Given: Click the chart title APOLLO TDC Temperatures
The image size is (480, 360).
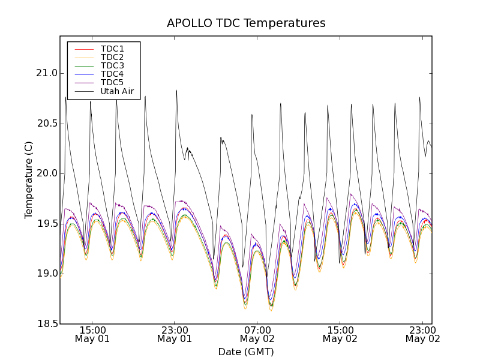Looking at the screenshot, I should click(246, 23).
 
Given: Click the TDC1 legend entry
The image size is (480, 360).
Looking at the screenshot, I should click(112, 49).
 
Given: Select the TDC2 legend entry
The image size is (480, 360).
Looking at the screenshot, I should click(112, 57).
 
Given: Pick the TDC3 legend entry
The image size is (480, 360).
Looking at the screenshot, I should click(112, 65).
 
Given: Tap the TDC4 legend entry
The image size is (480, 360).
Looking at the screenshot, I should click(112, 74).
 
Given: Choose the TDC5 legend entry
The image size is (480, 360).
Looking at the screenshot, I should click(112, 83).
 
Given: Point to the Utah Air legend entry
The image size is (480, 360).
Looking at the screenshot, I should click(117, 92).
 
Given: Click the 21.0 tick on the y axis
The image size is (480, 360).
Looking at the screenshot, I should click(47, 73).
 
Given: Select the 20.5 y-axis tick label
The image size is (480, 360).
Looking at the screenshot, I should click(47, 124).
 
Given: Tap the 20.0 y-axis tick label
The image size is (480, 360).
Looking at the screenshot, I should click(47, 173).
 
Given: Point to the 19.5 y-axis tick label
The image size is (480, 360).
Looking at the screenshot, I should click(47, 224).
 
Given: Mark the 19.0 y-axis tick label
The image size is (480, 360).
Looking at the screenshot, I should click(47, 274).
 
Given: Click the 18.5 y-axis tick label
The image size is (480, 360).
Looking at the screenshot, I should click(47, 324).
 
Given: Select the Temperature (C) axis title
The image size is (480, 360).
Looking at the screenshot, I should click(29, 180).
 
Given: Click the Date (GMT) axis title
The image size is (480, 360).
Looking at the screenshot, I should click(246, 352).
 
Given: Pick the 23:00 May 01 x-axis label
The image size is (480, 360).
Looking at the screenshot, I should click(175, 334).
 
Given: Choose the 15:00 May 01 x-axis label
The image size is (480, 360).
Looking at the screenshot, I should click(92, 334).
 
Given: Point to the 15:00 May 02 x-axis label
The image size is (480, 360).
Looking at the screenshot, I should click(340, 334).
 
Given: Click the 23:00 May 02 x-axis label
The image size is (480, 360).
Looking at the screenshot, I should click(422, 334).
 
